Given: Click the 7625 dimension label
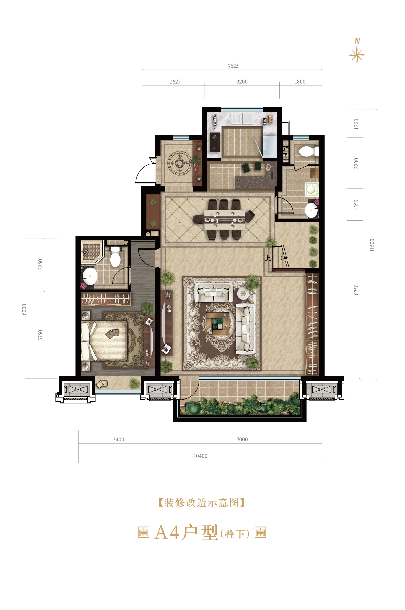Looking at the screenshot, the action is tap(233, 66).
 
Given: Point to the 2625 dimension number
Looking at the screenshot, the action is tap(175, 82).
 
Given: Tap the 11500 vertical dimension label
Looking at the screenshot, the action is tap(372, 245).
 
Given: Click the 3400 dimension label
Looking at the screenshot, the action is tap(118, 439).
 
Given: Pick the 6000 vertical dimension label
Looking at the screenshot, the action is tap(24, 309).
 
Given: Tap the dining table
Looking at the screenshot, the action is tap(224, 219).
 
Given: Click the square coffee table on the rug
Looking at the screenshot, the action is tap(218, 324).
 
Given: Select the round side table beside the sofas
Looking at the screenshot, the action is tap(243, 293).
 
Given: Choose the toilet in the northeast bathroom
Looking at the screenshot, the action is tap(307, 151).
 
